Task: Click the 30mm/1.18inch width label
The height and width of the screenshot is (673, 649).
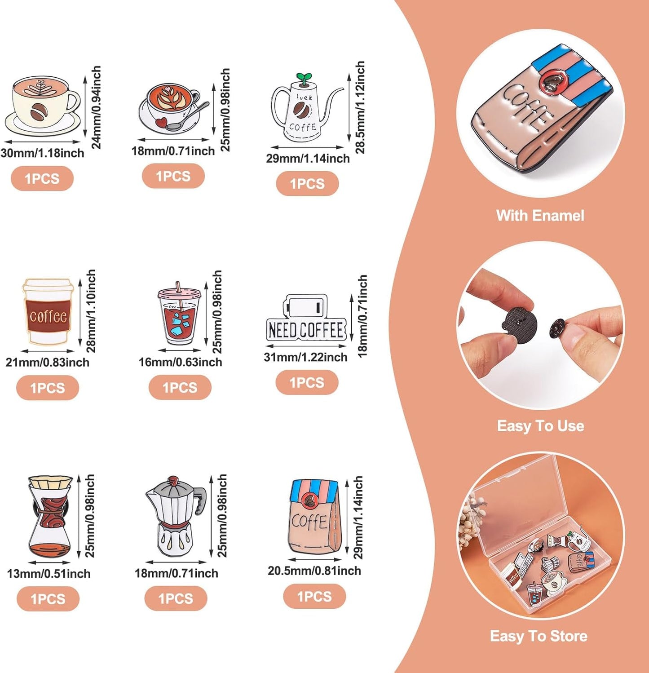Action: (x=42, y=153)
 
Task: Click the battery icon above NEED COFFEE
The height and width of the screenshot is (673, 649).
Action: (x=305, y=307)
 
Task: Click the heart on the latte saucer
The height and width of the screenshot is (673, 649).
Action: (x=162, y=121)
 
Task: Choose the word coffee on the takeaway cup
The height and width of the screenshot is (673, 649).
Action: (x=49, y=316)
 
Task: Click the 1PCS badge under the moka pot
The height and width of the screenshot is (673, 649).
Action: (x=176, y=598)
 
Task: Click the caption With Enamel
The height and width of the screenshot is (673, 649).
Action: (x=540, y=216)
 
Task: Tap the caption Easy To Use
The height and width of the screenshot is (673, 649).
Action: (x=540, y=426)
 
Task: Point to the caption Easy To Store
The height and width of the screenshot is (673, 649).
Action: (x=539, y=636)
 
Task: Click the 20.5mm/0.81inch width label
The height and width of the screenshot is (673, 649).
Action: (x=314, y=571)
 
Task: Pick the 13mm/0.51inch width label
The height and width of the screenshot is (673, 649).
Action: (x=49, y=574)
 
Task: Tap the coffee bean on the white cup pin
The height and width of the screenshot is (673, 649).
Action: (x=38, y=111)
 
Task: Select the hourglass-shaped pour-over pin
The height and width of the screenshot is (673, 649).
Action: (x=50, y=517)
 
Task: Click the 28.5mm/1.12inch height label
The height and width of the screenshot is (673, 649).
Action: (x=360, y=107)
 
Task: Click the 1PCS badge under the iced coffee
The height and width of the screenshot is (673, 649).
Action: (x=180, y=387)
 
